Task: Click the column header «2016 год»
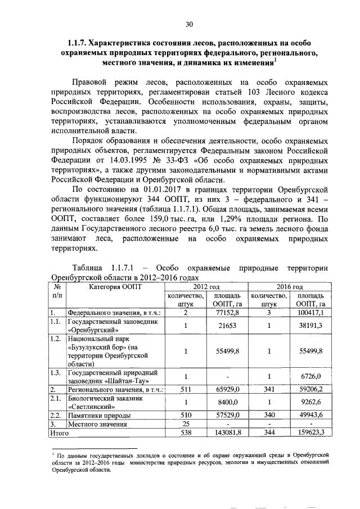point(289,286)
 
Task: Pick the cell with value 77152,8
point(227,312)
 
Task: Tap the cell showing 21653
point(227,326)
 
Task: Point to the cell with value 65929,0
point(227,389)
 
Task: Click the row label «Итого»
point(59,433)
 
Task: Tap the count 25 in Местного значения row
point(185,424)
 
